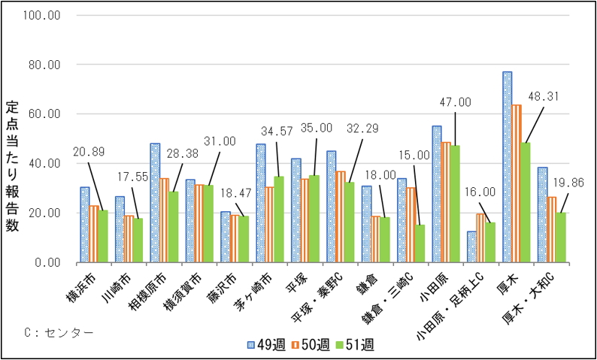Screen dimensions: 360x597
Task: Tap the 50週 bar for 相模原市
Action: tap(164, 220)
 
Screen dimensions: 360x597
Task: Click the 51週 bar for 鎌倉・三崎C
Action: tap(420, 244)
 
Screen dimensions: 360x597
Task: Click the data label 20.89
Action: tap(89, 150)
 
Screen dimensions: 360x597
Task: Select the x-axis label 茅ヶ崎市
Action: tap(256, 293)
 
